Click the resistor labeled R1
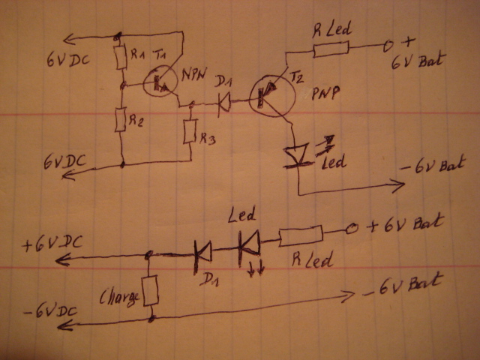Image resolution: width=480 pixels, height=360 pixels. pos(120,57)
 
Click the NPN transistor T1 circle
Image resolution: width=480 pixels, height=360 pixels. pos(158,81)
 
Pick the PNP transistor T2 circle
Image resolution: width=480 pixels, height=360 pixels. pos(267,94)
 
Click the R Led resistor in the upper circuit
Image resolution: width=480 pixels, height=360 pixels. pos(330,49)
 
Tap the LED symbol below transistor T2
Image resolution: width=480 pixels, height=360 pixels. pos(298,154)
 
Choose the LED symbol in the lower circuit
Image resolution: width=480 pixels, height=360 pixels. pos(249,241)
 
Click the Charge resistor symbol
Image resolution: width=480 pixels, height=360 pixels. pos(151,289)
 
